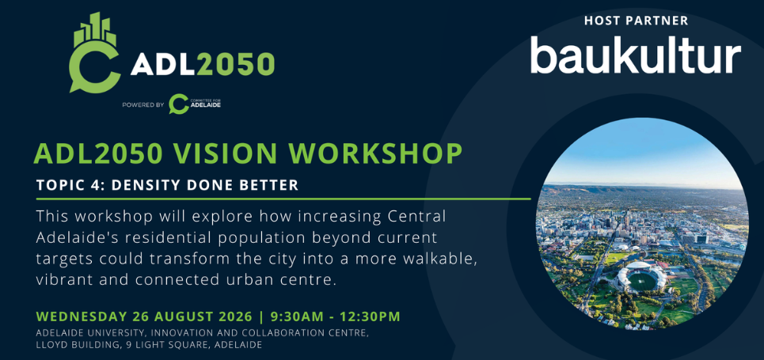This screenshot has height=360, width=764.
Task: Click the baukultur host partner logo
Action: pyautogui.click(x=636, y=55)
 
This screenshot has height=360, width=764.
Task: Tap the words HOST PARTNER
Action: pyautogui.click(x=637, y=21)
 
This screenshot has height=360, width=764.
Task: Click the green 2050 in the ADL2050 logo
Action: pyautogui.click(x=236, y=63)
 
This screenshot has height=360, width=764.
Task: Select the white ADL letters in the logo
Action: pyautogui.click(x=163, y=63)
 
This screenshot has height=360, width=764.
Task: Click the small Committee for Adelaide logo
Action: pyautogui.click(x=195, y=104)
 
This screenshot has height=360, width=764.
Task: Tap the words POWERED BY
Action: pyautogui.click(x=143, y=104)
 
